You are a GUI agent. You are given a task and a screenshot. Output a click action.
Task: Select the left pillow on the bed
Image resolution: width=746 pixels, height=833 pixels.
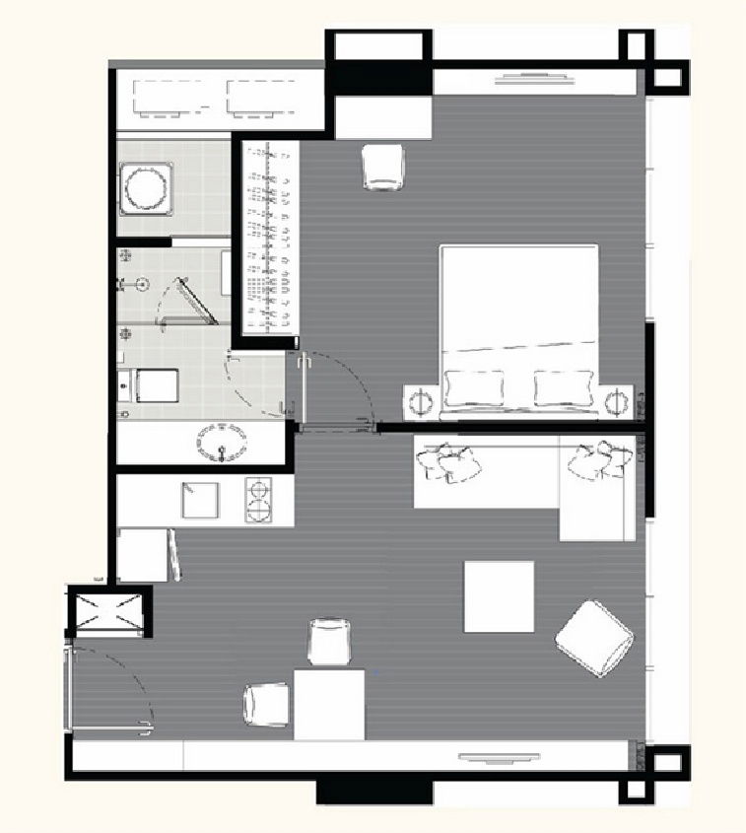click(x=474, y=386)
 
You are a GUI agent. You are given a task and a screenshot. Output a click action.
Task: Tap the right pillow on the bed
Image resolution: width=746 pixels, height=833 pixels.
click(x=564, y=386)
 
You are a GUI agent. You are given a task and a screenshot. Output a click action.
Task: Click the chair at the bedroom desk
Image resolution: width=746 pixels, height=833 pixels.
click(x=383, y=166)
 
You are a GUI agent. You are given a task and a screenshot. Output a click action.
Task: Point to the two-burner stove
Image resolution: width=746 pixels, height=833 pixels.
click(x=259, y=500)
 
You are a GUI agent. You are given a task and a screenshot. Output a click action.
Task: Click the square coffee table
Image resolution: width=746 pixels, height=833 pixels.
click(x=499, y=596)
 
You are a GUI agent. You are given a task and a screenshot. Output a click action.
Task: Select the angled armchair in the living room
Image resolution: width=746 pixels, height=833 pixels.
click(x=594, y=639)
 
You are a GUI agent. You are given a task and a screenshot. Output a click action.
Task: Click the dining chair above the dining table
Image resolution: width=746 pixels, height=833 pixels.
click(x=331, y=642)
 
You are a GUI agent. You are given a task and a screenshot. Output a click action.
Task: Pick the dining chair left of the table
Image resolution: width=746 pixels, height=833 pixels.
click(x=267, y=707)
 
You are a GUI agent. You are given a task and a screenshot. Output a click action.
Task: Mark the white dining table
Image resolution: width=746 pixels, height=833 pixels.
click(x=329, y=704)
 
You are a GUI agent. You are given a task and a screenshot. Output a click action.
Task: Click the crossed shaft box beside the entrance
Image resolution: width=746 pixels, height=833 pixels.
click(x=108, y=610)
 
